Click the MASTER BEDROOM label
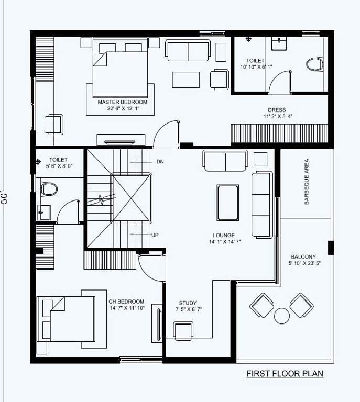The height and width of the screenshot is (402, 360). pos(123,102)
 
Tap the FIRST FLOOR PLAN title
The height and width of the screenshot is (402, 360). pos(285,374)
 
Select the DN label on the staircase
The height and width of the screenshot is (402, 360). pos(160,162)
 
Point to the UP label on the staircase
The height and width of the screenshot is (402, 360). pos(155,235)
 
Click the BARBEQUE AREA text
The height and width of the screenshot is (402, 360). pos(307,182)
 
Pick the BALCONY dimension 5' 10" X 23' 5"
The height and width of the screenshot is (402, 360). pos(303,264)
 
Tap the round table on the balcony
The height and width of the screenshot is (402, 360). pos(282,315)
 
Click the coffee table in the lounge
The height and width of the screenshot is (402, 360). pos(228,203)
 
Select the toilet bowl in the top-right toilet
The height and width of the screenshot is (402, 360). pos(314,64)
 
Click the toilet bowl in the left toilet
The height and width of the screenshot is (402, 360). pos(48,188)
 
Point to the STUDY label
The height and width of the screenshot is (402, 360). pos(188,303)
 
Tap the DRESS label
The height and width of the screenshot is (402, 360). pos(277,110)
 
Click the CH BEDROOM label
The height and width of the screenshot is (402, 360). pos(126,301)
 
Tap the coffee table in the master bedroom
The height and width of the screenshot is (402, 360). pos(186,80)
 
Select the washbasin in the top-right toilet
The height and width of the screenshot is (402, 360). pos(278,43)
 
